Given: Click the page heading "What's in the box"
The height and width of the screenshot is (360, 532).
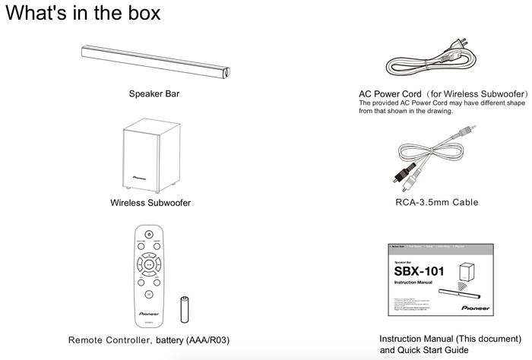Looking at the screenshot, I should coord(83,14).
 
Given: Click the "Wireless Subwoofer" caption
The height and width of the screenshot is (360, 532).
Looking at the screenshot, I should coord(150,203).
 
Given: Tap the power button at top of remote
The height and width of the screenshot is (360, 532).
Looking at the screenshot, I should coord(149,233).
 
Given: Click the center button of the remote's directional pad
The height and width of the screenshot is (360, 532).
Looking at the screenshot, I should coord(149,265).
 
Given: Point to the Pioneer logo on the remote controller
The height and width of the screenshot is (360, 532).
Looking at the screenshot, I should coord(149,310).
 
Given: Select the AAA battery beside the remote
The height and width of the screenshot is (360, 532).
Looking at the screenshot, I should coord(182,311).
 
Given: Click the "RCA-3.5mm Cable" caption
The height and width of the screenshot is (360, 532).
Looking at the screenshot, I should coord(437,203).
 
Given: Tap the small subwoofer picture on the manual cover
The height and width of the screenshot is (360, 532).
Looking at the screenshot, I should coord(466,271).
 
